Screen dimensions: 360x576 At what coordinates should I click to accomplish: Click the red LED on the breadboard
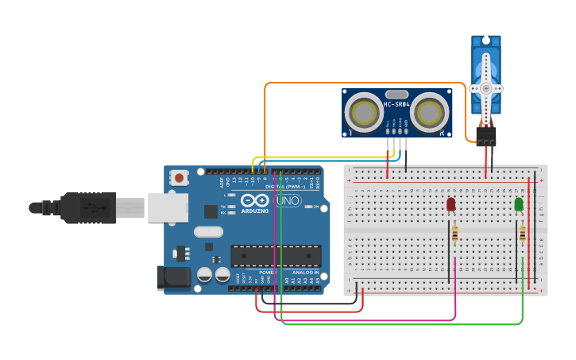click(x=451, y=204)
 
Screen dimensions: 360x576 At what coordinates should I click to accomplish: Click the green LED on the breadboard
click(x=519, y=204)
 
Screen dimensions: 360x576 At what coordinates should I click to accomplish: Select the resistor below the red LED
click(x=454, y=234)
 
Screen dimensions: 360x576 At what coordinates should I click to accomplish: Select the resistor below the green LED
click(x=522, y=234)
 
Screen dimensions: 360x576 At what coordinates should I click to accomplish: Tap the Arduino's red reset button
click(x=180, y=178)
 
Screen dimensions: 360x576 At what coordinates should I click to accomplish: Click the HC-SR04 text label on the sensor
click(x=396, y=105)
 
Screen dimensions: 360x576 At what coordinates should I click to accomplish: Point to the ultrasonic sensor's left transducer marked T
click(x=365, y=112)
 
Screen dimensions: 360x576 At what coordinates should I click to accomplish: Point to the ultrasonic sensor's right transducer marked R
click(x=429, y=112)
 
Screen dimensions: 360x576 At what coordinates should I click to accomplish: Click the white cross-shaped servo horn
click(x=485, y=88)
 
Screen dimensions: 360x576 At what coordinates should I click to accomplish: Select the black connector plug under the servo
click(x=485, y=137)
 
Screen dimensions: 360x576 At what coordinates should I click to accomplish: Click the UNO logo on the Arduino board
click(x=288, y=201)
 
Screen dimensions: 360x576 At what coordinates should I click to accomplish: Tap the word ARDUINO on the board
click(x=255, y=211)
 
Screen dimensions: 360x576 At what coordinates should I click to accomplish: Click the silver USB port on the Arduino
click(x=168, y=207)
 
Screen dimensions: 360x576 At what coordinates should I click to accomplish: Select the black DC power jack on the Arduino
click(x=173, y=277)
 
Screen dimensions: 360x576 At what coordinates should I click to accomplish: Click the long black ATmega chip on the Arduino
click(x=276, y=256)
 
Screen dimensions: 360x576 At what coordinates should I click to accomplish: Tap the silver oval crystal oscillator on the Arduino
click(x=208, y=232)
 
